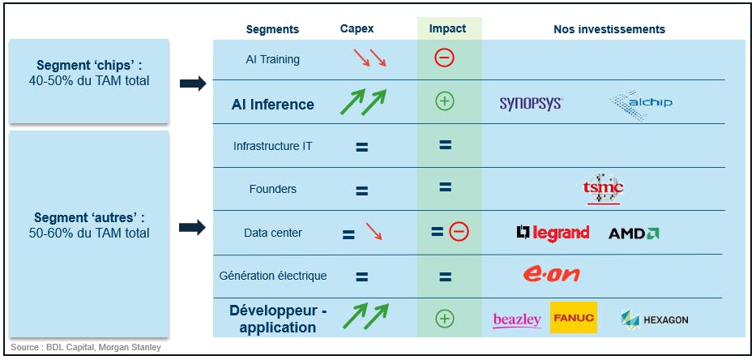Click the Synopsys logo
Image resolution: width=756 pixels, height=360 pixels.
(x=531, y=103)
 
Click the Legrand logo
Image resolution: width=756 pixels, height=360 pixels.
(x=553, y=233)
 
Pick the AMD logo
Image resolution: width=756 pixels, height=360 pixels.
(x=634, y=234)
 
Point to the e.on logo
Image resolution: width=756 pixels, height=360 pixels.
(x=551, y=275)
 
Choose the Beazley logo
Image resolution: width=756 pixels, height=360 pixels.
(x=517, y=319)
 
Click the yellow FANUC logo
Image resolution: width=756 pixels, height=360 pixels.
(x=573, y=318)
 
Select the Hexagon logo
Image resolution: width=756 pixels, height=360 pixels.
(x=654, y=319)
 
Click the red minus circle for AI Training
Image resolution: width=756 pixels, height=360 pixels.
(x=444, y=58)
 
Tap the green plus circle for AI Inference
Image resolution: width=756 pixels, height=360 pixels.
(x=444, y=101)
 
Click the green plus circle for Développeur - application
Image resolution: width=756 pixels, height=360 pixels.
(x=444, y=319)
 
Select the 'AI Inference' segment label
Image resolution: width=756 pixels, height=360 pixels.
(x=272, y=104)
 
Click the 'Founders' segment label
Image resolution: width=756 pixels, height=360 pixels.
(x=272, y=189)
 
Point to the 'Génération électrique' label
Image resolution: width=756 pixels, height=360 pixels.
(x=273, y=276)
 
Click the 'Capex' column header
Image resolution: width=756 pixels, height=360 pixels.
(x=357, y=29)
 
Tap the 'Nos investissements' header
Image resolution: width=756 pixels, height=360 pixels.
(x=609, y=29)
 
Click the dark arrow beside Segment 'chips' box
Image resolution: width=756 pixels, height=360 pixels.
(x=193, y=83)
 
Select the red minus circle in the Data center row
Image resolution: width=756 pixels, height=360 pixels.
(x=459, y=233)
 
